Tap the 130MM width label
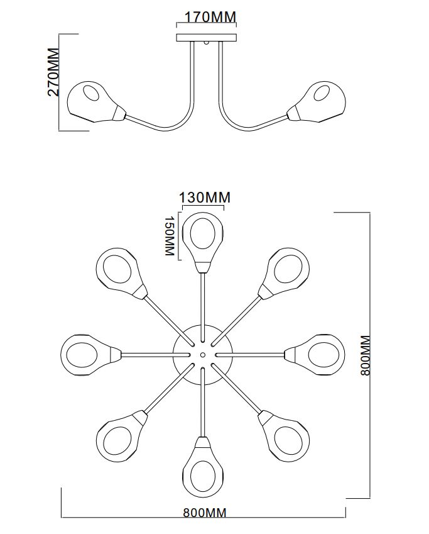[205, 197]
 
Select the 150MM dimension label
[168, 236]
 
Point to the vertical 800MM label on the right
[366, 355]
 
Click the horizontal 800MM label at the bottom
[204, 513]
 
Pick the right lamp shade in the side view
[320, 101]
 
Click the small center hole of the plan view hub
[203, 354]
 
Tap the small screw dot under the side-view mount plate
[207, 44]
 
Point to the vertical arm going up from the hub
[203, 302]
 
